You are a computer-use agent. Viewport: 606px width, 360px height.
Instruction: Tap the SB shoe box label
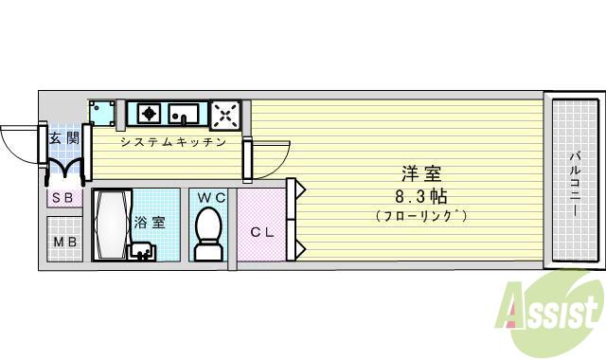click(63, 198)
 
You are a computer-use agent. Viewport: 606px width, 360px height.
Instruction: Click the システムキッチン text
click(172, 142)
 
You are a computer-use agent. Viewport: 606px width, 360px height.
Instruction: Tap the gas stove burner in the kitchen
click(147, 114)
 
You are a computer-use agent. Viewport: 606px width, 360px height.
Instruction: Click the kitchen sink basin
click(185, 115)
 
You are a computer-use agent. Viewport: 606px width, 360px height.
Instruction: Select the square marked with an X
click(226, 114)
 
